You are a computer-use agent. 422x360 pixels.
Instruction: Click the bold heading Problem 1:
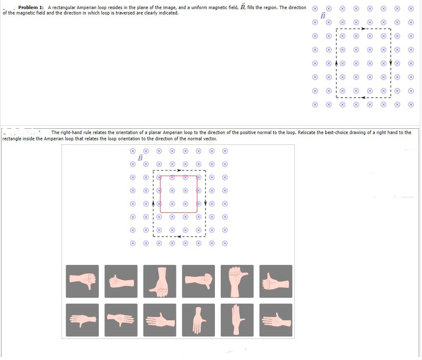(31, 8)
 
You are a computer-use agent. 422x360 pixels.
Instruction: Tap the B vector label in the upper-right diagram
(323, 15)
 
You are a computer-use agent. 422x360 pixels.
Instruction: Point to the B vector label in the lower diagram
(140, 158)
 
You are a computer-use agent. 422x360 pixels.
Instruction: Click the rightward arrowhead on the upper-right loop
(363, 29)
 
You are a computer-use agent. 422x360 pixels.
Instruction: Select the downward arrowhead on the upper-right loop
(391, 63)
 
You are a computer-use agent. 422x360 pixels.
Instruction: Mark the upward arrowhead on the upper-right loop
(336, 63)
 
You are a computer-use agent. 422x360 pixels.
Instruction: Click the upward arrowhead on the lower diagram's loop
(153, 204)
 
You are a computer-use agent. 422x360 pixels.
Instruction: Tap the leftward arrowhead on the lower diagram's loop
(179, 237)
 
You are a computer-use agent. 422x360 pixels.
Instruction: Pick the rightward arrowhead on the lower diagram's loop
(179, 170)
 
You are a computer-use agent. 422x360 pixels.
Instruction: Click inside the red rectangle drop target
(179, 194)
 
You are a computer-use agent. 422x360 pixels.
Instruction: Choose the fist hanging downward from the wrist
(160, 281)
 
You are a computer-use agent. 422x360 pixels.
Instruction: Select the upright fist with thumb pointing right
(237, 281)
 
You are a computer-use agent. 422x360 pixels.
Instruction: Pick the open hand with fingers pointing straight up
(237, 320)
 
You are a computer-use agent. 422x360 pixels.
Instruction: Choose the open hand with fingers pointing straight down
(198, 320)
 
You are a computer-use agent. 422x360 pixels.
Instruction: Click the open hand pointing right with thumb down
(121, 320)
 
